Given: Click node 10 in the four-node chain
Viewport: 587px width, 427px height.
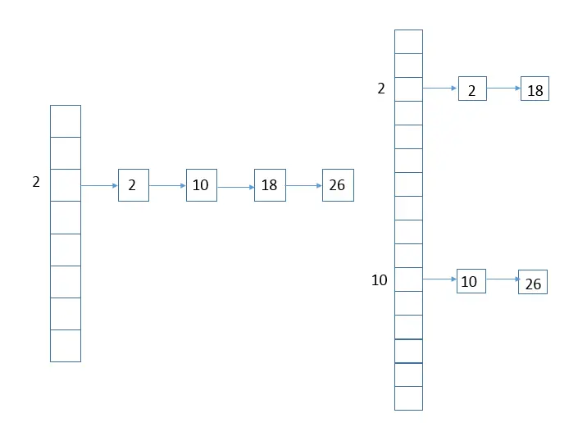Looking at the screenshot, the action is pyautogui.click(x=201, y=185).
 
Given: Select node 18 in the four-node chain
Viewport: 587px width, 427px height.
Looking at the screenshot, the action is pyautogui.click(x=269, y=185).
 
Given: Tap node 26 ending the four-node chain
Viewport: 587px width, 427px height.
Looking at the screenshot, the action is pyautogui.click(x=337, y=185).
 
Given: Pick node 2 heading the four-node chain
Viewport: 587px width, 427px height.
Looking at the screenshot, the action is pyautogui.click(x=133, y=185).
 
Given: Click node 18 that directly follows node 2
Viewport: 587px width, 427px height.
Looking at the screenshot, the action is pyautogui.click(x=535, y=89).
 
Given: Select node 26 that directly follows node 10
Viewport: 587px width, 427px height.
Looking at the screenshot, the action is pyautogui.click(x=533, y=283).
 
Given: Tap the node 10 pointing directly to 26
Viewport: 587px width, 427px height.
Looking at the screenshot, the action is pyautogui.click(x=470, y=280).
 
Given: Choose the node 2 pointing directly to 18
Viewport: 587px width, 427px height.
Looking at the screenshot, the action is pyautogui.click(x=472, y=89).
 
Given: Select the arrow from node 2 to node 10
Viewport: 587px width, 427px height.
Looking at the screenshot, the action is pyautogui.click(x=167, y=185).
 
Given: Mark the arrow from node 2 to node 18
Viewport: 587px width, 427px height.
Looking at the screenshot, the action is pyautogui.click(x=503, y=89).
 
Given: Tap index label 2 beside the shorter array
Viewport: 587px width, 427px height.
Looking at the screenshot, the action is pyautogui.click(x=36, y=183).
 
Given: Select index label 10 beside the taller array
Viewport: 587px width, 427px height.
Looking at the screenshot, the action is pyautogui.click(x=380, y=280).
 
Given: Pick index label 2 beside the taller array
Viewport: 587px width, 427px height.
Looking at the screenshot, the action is pyautogui.click(x=381, y=89).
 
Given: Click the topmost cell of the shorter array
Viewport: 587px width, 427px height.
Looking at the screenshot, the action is pyautogui.click(x=66, y=121).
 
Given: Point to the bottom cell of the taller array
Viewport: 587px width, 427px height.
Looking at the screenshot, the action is pyautogui.click(x=408, y=398).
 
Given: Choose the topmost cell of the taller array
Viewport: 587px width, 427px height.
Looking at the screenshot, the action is pyautogui.click(x=408, y=42).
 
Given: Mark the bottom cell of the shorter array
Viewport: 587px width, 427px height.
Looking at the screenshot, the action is pyautogui.click(x=66, y=345).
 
